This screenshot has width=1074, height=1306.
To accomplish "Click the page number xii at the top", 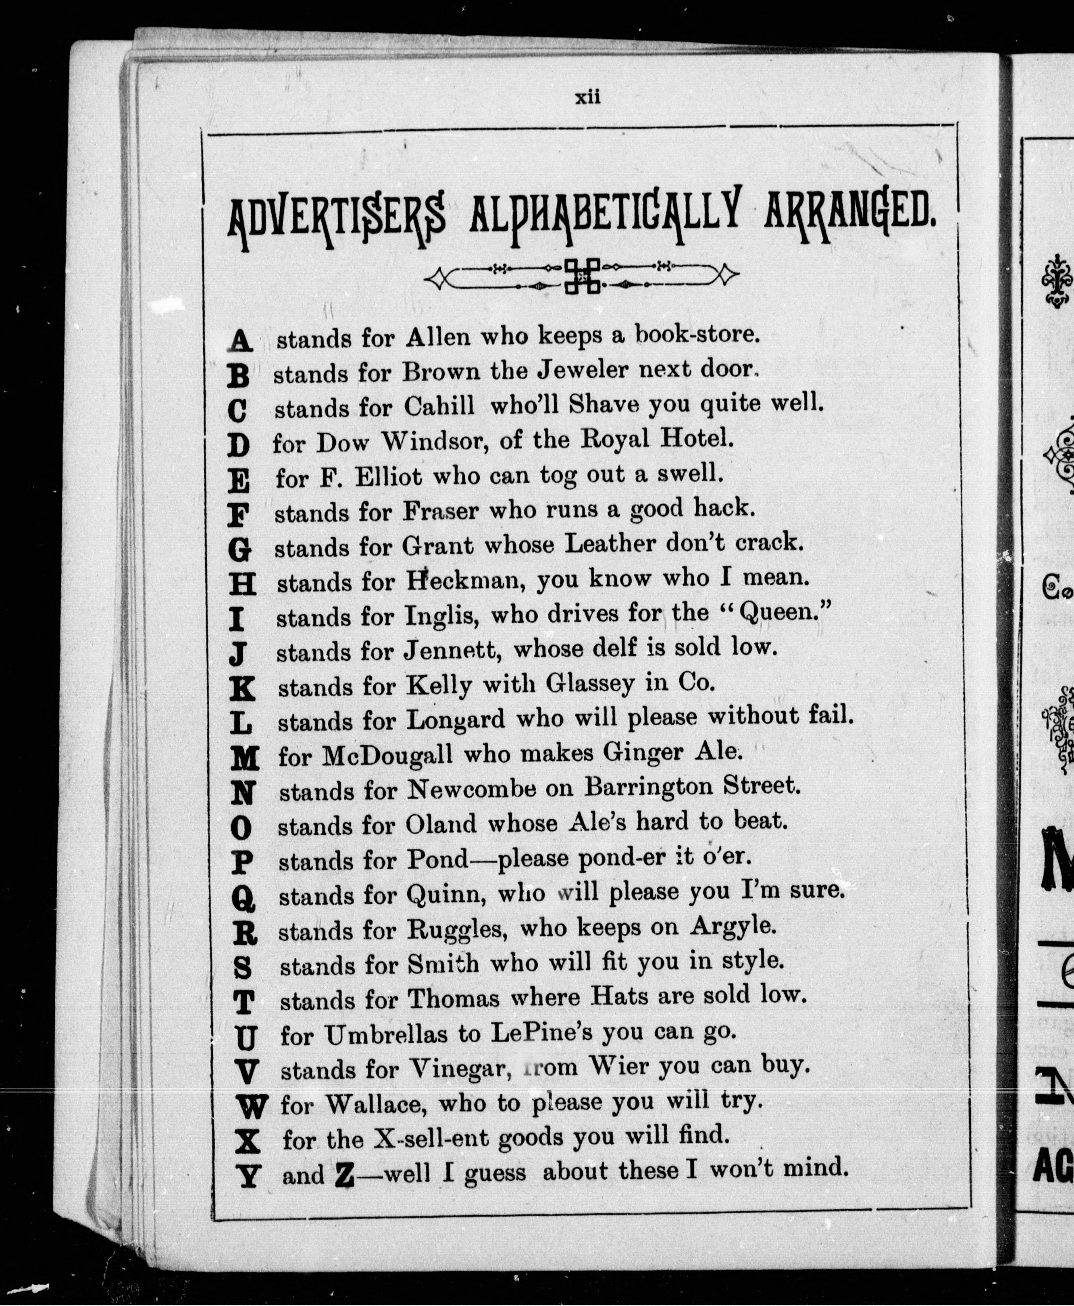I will coord(588,98).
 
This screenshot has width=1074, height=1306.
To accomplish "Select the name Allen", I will coord(437,337).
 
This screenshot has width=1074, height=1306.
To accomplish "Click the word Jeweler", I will coord(581,370).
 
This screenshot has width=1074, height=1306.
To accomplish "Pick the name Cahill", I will coord(439,406).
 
